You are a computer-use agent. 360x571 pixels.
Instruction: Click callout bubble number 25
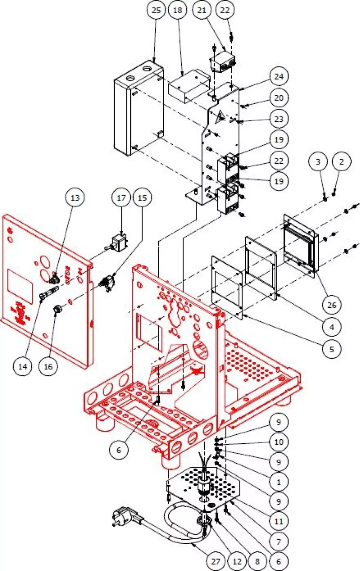156,10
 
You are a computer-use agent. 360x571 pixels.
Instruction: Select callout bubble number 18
177,10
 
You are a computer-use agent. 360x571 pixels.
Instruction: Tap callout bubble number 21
202,10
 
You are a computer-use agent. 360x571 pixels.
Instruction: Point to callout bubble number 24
279,77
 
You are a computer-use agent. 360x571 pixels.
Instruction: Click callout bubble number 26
332,305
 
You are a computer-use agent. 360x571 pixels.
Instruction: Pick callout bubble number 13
75,197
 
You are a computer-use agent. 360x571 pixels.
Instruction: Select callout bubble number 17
121,197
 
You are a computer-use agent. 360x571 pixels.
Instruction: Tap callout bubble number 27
216,561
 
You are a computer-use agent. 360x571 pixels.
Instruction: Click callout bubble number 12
237,561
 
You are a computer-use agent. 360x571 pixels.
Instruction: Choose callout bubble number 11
279,521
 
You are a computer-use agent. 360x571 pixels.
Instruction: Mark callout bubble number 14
22,366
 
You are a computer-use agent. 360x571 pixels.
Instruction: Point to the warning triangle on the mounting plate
220,117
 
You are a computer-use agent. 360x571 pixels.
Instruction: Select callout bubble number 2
342,162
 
